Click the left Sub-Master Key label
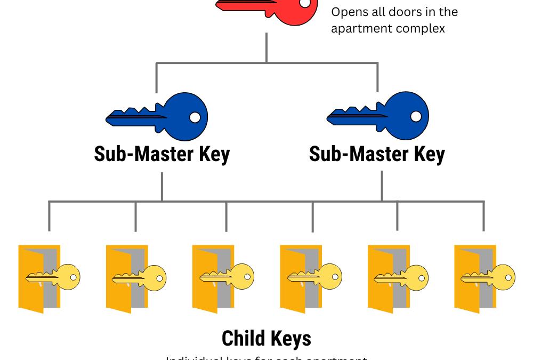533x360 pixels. point(161,154)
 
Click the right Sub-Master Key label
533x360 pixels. point(377,154)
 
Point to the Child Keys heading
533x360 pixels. point(266,338)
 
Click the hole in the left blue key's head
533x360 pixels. point(195,117)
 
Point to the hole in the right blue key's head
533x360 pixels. point(416,116)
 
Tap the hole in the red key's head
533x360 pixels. point(304,3)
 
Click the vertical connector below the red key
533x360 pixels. point(266,48)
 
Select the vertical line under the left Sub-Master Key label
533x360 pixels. point(162,187)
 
